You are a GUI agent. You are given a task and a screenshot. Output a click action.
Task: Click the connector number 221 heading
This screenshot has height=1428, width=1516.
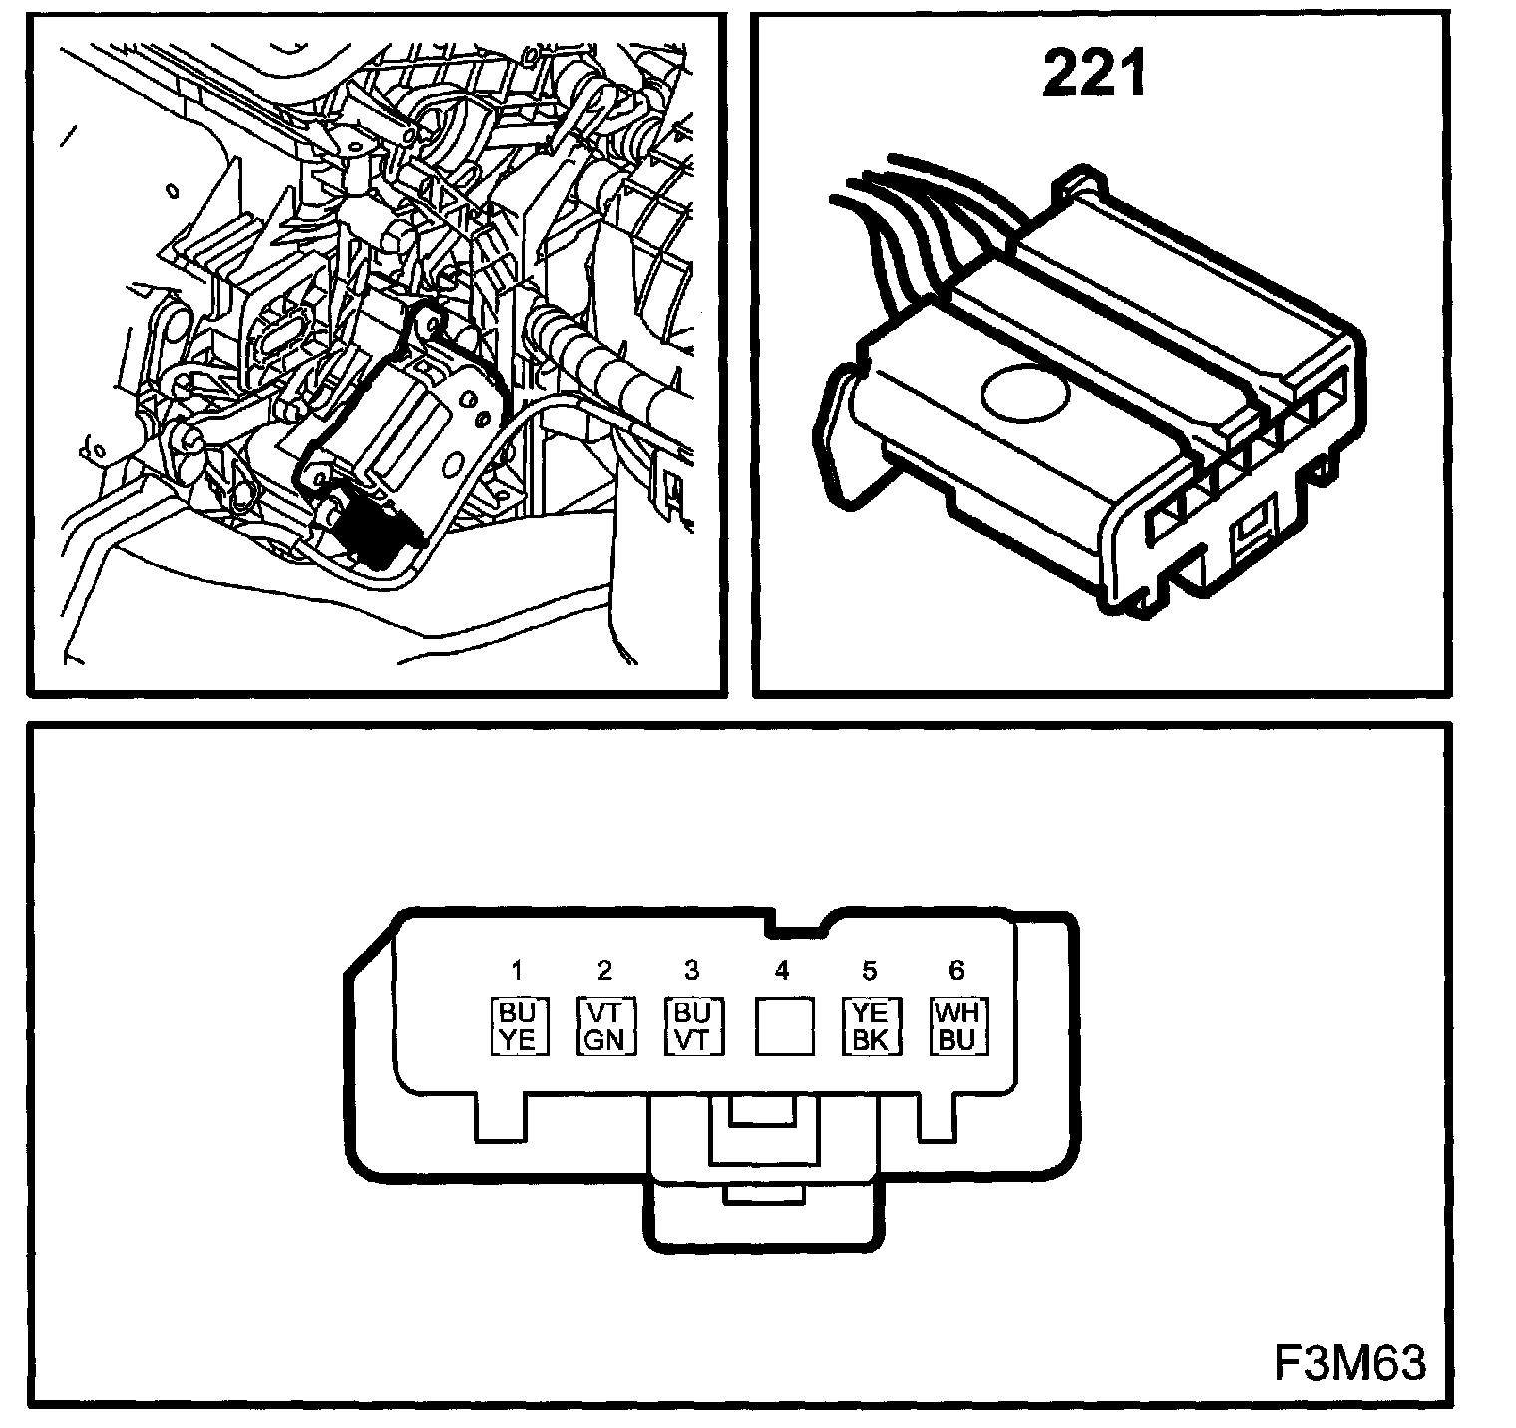[1094, 75]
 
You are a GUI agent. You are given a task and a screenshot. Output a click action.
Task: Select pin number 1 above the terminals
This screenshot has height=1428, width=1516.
[517, 970]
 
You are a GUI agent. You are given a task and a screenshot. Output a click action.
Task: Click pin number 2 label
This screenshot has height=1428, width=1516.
[604, 970]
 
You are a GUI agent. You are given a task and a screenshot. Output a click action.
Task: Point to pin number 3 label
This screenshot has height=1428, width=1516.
[692, 970]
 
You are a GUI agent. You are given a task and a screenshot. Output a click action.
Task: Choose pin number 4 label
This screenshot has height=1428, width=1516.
[781, 970]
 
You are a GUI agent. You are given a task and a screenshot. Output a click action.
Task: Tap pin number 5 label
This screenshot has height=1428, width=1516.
[869, 970]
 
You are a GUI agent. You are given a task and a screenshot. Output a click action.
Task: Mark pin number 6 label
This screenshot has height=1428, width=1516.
[956, 970]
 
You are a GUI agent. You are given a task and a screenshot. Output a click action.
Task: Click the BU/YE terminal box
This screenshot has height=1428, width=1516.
[518, 1026]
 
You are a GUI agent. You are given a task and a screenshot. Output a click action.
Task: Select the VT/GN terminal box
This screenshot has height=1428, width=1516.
[604, 1026]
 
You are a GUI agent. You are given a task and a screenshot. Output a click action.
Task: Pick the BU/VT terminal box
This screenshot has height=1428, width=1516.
[692, 1026]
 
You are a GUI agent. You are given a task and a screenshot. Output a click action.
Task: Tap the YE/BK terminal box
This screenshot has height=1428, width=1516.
[870, 1026]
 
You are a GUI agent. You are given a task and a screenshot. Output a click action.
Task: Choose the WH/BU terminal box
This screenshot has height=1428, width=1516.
[957, 1026]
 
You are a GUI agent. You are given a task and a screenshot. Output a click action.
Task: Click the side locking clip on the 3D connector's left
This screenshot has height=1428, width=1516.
[843, 439]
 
